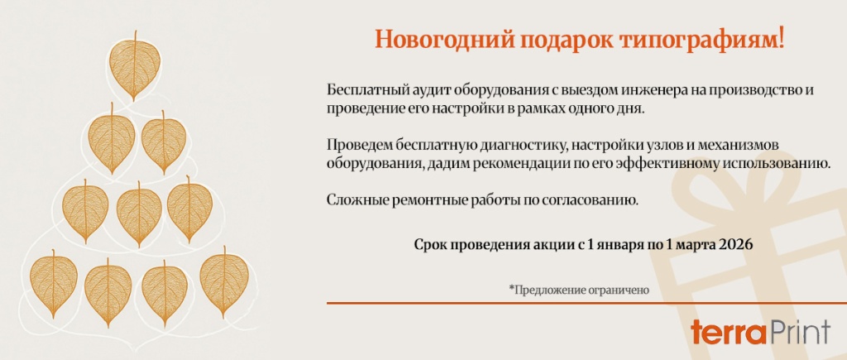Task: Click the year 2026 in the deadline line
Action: (736, 245)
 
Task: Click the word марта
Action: (696, 245)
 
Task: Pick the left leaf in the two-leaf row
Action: (112, 142)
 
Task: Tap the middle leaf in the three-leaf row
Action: (139, 213)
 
